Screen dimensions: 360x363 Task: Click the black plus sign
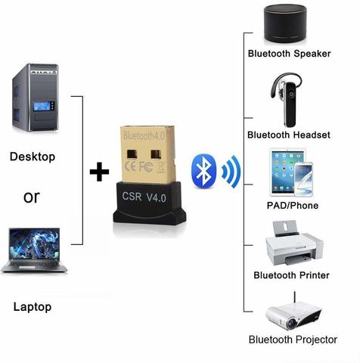99,172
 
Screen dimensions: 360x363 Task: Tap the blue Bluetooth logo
204,171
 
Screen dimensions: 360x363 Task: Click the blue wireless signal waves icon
231,172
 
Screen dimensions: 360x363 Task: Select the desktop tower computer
36,98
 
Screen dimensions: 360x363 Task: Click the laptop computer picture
34,250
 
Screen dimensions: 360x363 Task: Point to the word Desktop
33,157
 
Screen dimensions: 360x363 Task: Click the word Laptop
33,307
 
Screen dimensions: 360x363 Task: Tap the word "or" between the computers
32,197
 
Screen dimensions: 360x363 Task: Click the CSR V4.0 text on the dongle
144,197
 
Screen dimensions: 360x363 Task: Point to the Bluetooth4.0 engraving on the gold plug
144,135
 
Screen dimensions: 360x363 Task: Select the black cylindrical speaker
285,23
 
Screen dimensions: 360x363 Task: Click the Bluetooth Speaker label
289,54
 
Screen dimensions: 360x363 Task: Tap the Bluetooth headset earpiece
287,100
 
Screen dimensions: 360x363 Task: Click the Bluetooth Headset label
289,135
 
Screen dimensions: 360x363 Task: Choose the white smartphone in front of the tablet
304,179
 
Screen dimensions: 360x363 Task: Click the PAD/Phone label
293,206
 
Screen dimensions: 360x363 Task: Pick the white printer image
294,244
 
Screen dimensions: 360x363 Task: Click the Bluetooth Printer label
291,275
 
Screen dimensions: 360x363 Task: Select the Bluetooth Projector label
293,340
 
